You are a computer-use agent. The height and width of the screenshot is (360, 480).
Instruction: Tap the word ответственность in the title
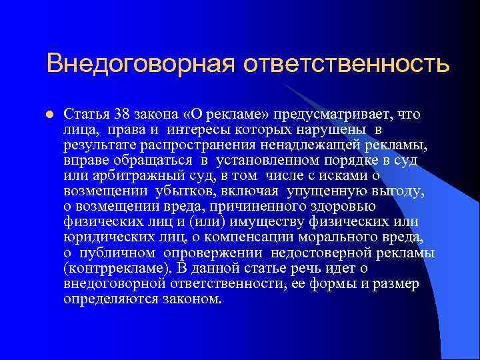(x=346, y=65)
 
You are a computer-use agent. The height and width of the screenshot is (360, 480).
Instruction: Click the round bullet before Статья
(x=50, y=115)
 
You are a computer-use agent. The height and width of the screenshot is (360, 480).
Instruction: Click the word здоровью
(x=377, y=207)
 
